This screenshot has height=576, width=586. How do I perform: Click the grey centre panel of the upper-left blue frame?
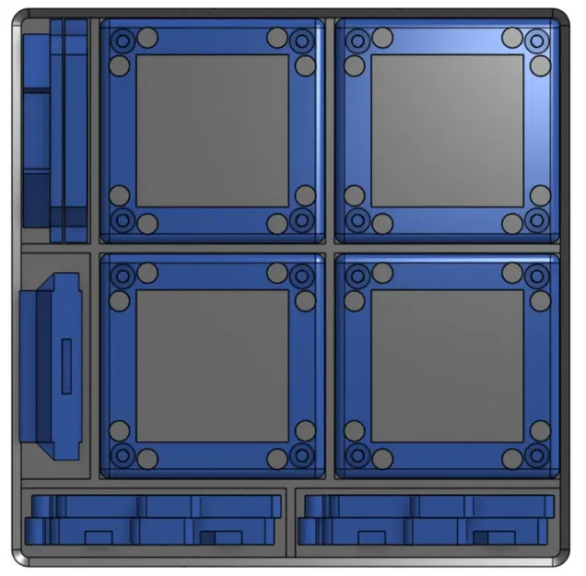pos(212,130)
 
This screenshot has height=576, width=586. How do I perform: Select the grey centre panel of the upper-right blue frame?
pos(448,130)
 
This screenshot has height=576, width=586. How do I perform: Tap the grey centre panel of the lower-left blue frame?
pos(212,365)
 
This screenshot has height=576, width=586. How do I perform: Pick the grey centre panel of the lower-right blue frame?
pos(448,365)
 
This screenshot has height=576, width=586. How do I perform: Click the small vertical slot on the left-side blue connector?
pos(66,365)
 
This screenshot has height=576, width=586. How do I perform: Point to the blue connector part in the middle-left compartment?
pos(51,365)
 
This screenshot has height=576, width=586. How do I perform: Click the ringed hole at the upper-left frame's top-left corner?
pos(122,40)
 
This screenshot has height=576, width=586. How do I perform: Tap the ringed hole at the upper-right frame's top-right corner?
pos(537,41)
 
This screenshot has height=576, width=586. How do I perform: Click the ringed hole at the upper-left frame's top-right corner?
pos(301,41)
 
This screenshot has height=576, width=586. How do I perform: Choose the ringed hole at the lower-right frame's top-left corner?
pos(357,275)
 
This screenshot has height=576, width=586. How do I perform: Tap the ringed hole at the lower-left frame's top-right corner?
pos(301,275)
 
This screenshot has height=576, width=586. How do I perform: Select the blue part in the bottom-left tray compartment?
pos(152,519)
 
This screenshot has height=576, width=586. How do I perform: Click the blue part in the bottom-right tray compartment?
pos(426,519)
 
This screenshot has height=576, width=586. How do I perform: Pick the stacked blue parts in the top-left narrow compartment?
pos(55,129)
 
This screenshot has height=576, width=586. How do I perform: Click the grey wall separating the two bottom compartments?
pos(290,521)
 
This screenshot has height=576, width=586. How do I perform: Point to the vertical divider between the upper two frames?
pos(330,130)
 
